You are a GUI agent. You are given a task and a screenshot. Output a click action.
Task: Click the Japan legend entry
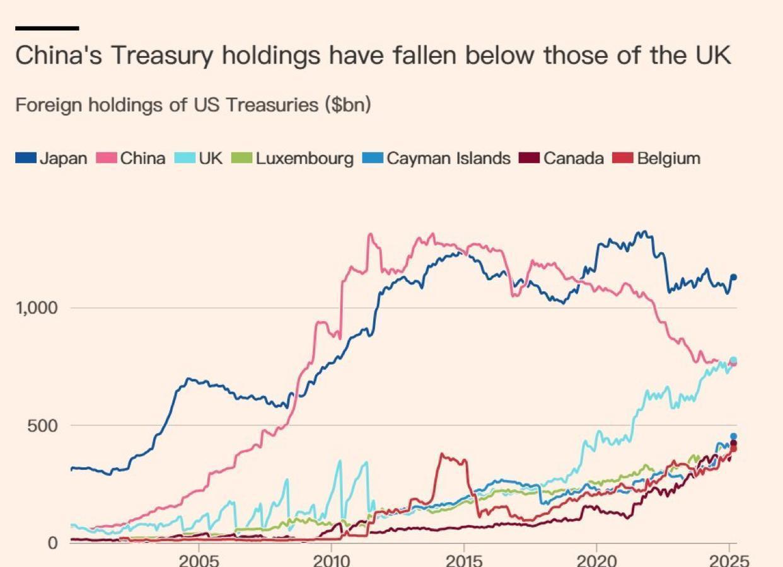click(51, 158)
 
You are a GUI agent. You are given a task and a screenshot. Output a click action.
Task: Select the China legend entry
click(131, 158)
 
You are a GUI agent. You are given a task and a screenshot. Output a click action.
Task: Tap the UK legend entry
click(200, 158)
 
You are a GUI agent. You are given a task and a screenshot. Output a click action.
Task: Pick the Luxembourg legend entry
click(293, 158)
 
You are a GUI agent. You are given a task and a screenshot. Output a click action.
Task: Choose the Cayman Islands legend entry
click(436, 158)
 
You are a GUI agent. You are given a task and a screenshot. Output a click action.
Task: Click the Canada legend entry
click(561, 158)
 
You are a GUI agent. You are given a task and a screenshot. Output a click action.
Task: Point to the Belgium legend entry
click(657, 158)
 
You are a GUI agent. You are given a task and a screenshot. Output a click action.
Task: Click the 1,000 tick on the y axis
click(37, 307)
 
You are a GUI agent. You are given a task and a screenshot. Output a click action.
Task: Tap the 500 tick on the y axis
click(43, 425)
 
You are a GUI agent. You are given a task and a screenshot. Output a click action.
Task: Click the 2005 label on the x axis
click(199, 559)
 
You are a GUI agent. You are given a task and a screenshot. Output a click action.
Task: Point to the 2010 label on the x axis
click(332, 559)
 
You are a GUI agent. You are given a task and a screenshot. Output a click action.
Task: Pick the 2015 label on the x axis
click(464, 559)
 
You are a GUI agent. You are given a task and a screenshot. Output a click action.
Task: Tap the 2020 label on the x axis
click(596, 559)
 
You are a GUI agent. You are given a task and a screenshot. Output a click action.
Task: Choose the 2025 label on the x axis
click(729, 559)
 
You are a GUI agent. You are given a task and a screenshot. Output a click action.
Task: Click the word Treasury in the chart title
click(163, 55)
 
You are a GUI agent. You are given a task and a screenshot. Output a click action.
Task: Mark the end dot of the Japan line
click(733, 277)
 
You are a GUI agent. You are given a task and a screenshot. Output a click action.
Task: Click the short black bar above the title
click(47, 28)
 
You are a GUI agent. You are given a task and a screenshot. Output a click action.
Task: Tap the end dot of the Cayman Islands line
click(733, 436)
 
